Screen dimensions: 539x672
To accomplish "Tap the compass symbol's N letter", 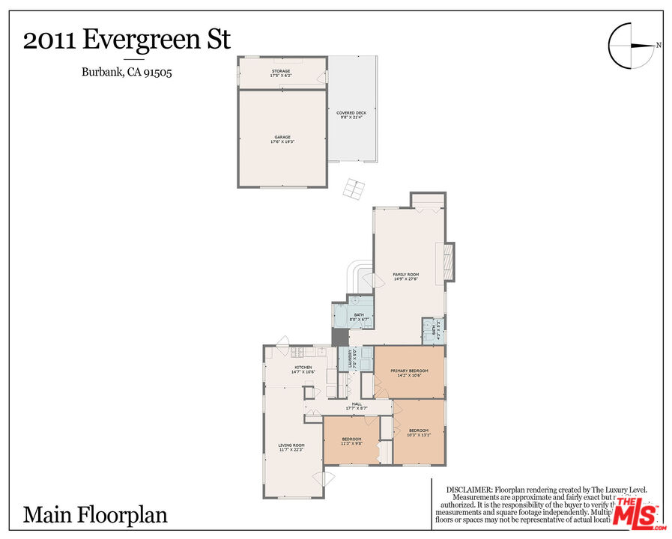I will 659,46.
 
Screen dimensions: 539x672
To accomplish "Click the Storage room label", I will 281,71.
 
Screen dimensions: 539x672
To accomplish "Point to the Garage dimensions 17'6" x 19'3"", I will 282,142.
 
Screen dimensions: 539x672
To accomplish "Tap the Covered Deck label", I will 351,113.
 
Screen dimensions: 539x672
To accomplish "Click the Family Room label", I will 406,275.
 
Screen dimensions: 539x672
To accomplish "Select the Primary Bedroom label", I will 409,371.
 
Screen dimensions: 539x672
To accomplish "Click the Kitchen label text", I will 303,367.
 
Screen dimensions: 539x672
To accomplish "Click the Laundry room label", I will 349,360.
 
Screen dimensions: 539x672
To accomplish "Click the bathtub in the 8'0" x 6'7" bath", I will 339,317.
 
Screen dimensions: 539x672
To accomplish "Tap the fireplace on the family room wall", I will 449,261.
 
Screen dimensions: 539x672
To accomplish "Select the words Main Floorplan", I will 95,515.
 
